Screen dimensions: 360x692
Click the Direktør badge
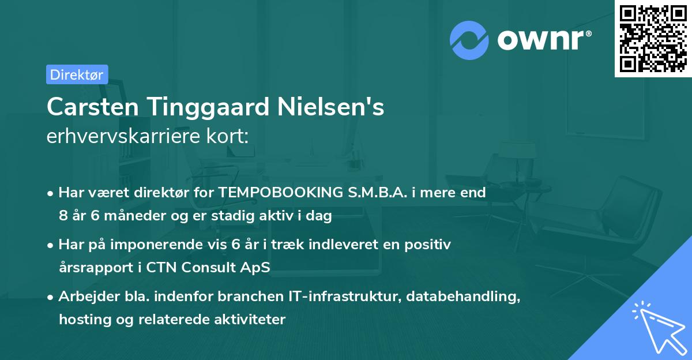(77, 74)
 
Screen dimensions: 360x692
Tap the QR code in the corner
(653, 39)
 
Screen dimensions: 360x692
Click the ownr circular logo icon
(469, 40)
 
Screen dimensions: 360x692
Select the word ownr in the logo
(542, 40)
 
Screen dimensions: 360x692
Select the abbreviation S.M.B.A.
(376, 193)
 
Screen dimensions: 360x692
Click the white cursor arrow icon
(657, 328)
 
